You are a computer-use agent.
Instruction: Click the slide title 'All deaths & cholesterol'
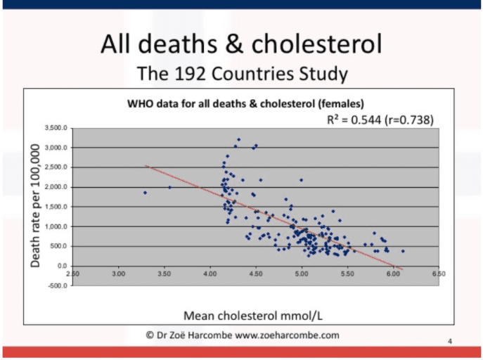click(x=241, y=46)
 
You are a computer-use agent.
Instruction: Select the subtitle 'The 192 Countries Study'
click(x=241, y=72)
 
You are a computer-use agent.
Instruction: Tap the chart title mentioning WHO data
click(x=245, y=103)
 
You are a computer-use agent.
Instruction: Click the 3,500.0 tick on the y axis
click(x=55, y=128)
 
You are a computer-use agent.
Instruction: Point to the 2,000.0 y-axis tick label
click(x=55, y=187)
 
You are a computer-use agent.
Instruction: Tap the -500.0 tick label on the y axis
click(x=56, y=286)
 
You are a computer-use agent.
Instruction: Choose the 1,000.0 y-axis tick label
click(x=55, y=226)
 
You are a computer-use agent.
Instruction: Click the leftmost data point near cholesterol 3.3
click(x=145, y=193)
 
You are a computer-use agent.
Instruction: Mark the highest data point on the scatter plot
click(x=238, y=139)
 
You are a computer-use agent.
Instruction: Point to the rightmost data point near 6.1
click(x=403, y=250)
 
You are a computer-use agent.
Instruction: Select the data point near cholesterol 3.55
click(x=169, y=188)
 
